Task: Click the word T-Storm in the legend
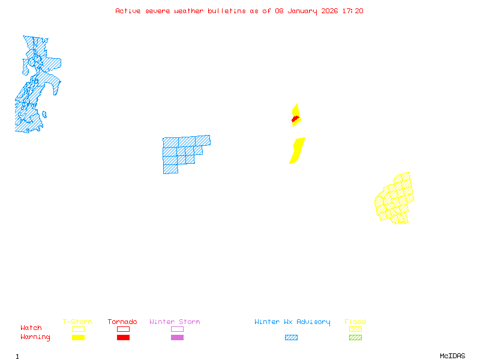[x=77, y=322]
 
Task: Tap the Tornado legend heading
[x=122, y=322]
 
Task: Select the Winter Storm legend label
[x=175, y=322]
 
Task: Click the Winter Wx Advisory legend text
[x=292, y=322]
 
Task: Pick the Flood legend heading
[x=355, y=322]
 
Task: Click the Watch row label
[x=31, y=328]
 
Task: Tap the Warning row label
[x=35, y=337]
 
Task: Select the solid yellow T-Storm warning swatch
[x=78, y=338]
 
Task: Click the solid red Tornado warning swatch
[x=123, y=338]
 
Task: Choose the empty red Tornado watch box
[x=123, y=329]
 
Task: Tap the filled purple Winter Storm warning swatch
[x=177, y=338]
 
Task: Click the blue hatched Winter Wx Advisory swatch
[x=291, y=338]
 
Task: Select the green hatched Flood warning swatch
[x=355, y=338]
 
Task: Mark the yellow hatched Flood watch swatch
[x=355, y=329]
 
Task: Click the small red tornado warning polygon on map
[x=295, y=119]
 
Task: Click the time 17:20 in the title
[x=352, y=11]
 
